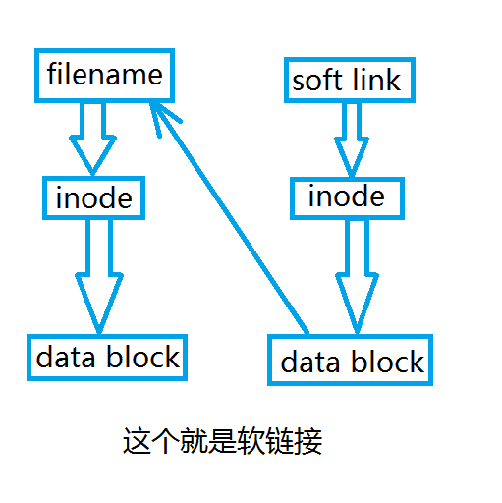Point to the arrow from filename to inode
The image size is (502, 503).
(x=92, y=139)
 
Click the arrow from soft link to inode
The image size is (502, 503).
(x=352, y=140)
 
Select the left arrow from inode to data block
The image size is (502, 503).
(x=99, y=277)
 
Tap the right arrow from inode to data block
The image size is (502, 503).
(x=357, y=277)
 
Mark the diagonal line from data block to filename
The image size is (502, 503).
(x=229, y=218)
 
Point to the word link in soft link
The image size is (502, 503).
(x=376, y=80)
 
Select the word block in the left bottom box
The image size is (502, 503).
(x=142, y=357)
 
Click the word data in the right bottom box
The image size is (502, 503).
(x=310, y=363)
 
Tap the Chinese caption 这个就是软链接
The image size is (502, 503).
(x=223, y=441)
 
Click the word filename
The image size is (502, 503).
(x=105, y=74)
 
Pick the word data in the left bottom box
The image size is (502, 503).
(x=66, y=358)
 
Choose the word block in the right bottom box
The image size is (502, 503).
(x=388, y=362)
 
